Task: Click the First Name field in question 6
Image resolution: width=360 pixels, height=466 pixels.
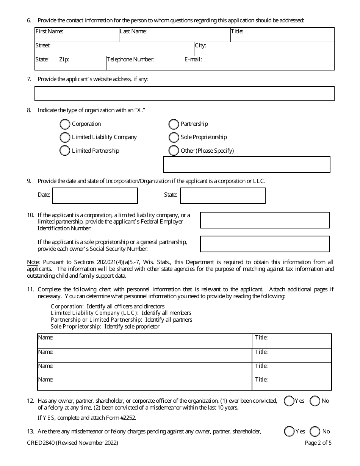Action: coord(77,35)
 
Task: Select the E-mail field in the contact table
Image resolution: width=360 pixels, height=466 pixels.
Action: coord(259,63)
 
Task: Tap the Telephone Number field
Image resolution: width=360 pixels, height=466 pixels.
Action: coord(145,63)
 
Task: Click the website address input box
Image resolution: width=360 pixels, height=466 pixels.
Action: coord(184,94)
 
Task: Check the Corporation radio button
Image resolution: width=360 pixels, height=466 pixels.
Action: coord(65,124)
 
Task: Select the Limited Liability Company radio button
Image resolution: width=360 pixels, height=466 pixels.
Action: coord(65,137)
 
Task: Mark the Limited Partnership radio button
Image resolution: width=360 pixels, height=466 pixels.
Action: coord(65,151)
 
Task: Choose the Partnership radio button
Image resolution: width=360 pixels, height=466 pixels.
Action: coord(174,124)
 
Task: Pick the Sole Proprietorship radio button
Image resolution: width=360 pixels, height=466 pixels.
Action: coord(174,137)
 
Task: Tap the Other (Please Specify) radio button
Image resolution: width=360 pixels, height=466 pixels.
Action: coord(174,151)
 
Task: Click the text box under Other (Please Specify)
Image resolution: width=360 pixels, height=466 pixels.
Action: coord(246,164)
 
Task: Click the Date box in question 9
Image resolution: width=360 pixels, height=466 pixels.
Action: coord(95,195)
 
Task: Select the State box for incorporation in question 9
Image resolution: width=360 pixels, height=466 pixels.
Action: coord(222,195)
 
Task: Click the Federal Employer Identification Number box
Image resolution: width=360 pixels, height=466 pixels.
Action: coord(265,220)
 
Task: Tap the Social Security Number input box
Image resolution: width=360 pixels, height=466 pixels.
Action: coord(265,244)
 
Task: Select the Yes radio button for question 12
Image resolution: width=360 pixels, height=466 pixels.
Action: coord(289,401)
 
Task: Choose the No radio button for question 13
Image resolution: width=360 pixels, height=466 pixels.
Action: coord(315,432)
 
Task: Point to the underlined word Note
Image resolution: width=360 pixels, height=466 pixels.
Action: coord(32,262)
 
